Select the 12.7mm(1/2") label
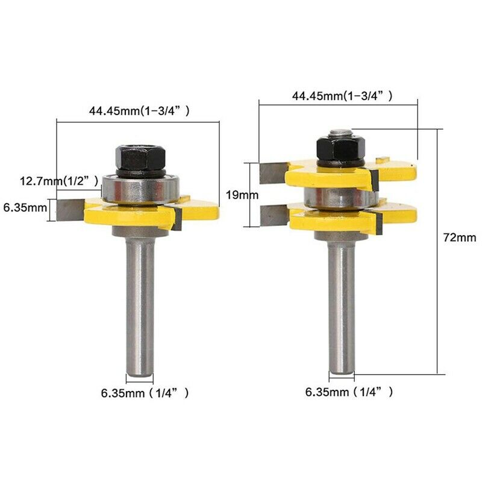[57, 180]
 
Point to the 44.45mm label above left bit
[139, 110]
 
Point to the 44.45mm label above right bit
[342, 95]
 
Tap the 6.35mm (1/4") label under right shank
[349, 392]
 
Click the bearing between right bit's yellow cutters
[337, 196]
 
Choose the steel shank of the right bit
[341, 301]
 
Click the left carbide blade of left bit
[70, 209]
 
